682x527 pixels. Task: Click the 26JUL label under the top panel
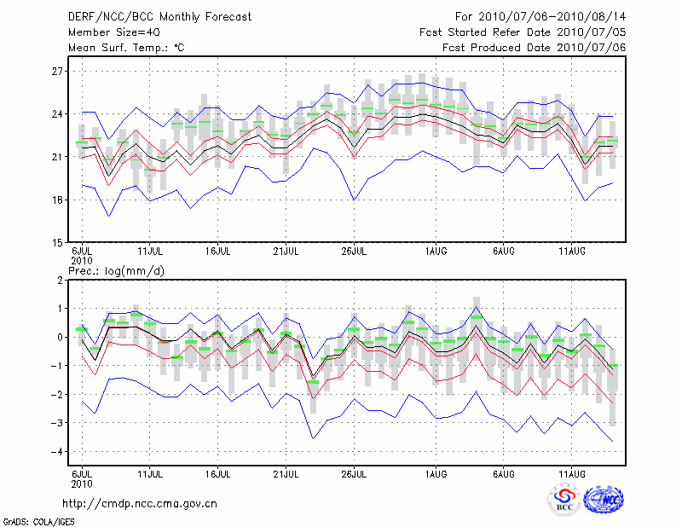(x=354, y=252)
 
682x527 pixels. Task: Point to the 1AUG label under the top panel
(x=436, y=252)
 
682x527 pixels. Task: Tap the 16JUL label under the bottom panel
(x=217, y=472)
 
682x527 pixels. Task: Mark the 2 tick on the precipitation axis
(x=61, y=280)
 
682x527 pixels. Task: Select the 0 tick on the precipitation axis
(x=61, y=337)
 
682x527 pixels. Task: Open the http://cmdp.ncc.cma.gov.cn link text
(x=141, y=503)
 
